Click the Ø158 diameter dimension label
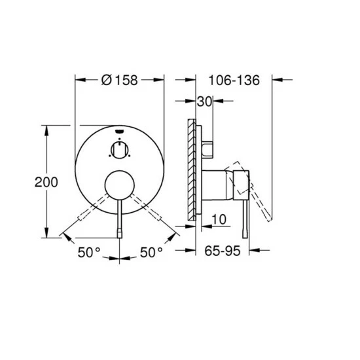pos(119,81)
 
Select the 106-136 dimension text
pos(234,81)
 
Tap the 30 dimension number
pos(204,101)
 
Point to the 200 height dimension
pos(46,183)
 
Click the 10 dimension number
pos(219,219)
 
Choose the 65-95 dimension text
pos(223,251)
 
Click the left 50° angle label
pos(89,252)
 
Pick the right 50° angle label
pos(151,252)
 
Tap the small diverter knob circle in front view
pos(119,150)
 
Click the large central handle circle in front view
pos(119,185)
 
